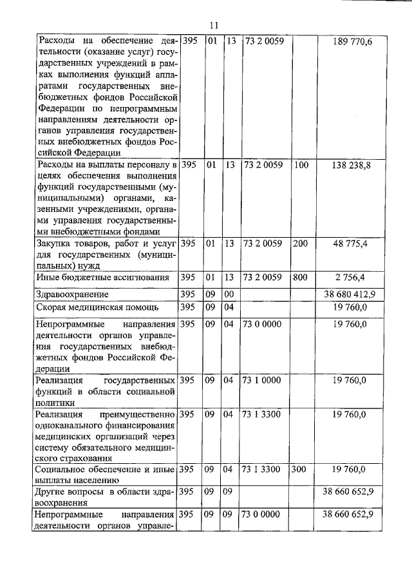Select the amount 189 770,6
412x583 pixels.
pos(352,41)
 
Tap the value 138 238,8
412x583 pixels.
pos(352,165)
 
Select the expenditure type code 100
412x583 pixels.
pos(301,165)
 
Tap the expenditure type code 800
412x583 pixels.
pos(301,278)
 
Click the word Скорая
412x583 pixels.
pos(52,307)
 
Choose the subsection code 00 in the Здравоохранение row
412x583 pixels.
pos(228,294)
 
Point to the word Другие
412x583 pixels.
pos(51,492)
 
